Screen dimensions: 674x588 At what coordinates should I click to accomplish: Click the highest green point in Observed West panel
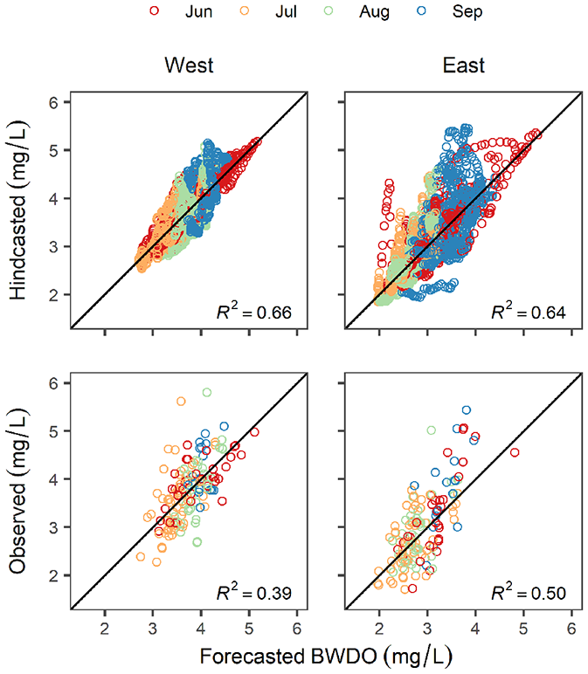[x=207, y=393]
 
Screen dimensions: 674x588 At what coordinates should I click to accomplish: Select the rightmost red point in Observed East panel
[x=515, y=452]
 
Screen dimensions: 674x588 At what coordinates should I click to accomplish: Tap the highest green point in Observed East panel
[x=431, y=430]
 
